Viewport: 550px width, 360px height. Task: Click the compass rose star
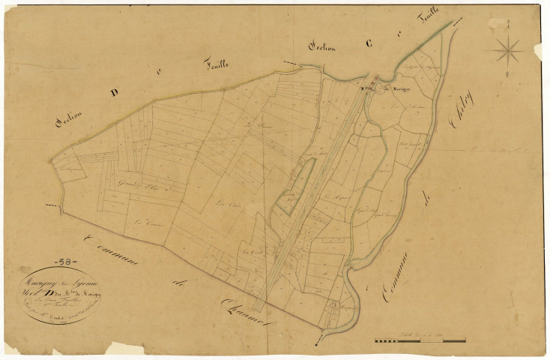tap(509, 50)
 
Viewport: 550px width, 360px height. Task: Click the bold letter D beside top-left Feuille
tap(114, 92)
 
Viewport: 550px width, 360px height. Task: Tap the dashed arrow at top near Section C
tap(289, 62)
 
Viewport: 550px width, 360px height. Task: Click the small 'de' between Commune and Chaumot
tap(178, 284)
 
